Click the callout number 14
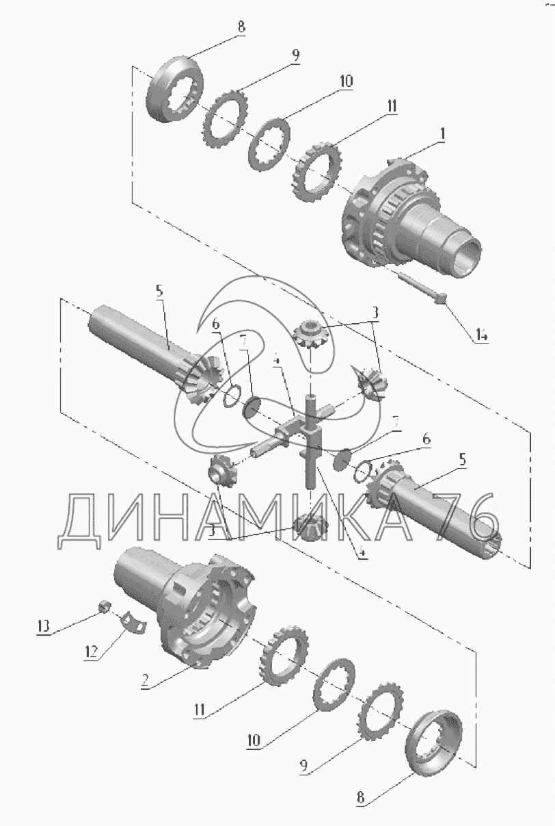point(482,335)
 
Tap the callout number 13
point(43,626)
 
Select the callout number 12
point(91,651)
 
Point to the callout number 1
point(442,134)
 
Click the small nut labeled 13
point(105,606)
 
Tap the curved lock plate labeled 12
point(134,623)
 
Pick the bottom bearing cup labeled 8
point(433,743)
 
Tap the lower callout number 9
point(303,766)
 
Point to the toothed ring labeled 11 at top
point(317,172)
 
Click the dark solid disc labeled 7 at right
point(342,459)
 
